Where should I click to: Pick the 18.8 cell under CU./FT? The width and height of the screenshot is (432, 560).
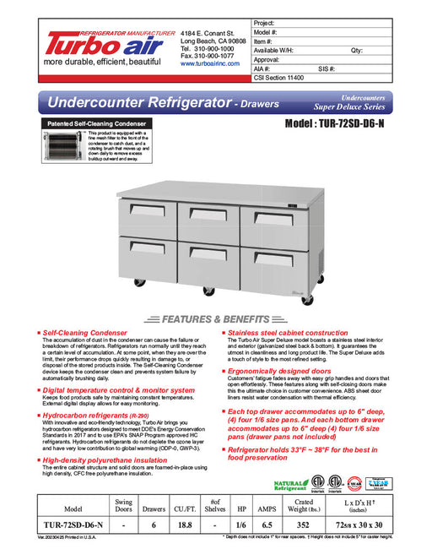185,526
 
